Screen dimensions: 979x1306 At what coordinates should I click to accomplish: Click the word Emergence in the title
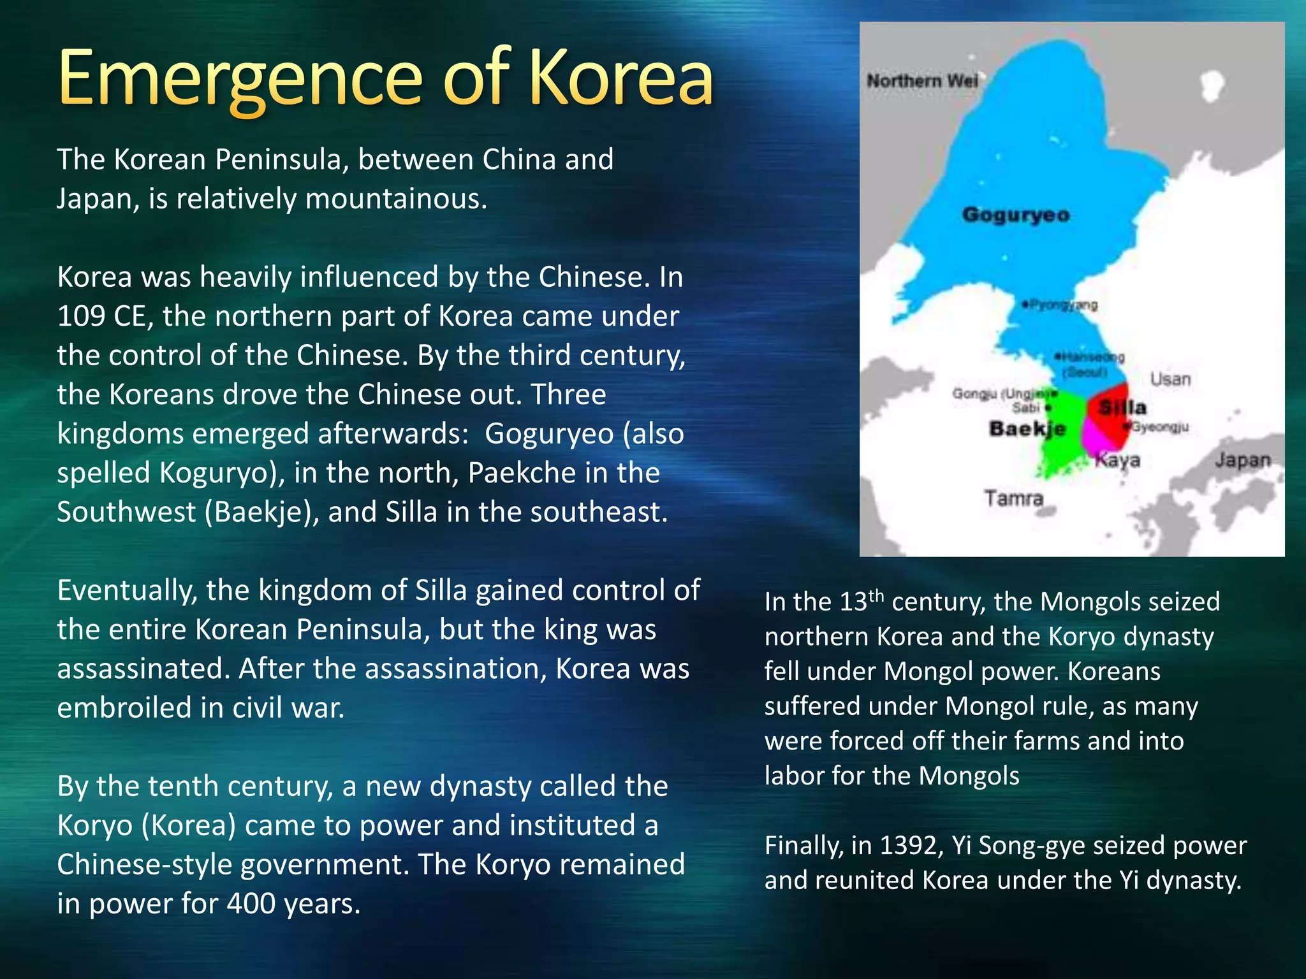click(240, 80)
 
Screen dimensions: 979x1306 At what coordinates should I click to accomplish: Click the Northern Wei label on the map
click(922, 81)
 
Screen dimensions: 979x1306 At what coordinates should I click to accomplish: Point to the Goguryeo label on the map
click(1016, 215)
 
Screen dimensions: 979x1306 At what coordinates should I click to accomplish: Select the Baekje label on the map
click(1027, 428)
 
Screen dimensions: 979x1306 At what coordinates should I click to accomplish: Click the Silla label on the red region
click(1122, 407)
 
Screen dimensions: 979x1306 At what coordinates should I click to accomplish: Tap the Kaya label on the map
click(1117, 460)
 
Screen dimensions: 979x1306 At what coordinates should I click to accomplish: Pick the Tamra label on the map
click(1013, 497)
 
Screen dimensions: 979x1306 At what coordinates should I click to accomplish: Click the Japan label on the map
click(1242, 460)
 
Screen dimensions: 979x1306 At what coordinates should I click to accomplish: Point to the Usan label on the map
click(1170, 379)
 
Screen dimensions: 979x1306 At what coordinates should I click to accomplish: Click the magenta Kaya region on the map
click(1096, 440)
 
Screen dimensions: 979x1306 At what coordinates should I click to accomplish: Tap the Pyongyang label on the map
click(1062, 305)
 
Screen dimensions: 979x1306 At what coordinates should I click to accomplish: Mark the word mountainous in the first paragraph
click(396, 199)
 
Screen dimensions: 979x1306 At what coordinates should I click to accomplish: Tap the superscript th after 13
click(876, 595)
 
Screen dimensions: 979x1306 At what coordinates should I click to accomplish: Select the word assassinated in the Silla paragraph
click(143, 669)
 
